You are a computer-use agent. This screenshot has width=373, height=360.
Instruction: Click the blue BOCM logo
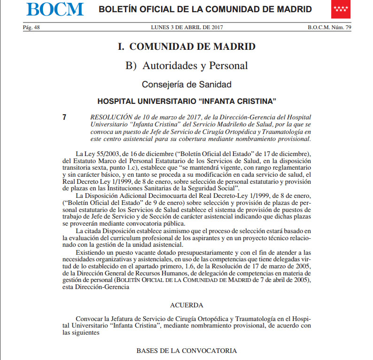tap(55, 9)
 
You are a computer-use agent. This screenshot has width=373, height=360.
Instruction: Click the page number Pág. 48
tap(31, 28)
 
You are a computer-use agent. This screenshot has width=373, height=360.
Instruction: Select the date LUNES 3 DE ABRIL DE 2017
tap(186, 28)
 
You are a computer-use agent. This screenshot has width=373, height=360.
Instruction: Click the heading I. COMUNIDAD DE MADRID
tap(186, 47)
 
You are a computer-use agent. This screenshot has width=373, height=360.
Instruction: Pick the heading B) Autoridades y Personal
tap(186, 66)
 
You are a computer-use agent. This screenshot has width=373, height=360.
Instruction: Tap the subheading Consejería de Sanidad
tap(186, 85)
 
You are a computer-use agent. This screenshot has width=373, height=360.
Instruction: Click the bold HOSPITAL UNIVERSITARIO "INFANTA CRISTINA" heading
tap(186, 102)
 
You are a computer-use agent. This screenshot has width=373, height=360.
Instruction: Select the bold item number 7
tap(64, 117)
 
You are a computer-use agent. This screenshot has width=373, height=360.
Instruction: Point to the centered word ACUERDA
tap(186, 305)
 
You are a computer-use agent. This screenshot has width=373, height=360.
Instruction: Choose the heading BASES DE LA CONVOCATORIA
tap(186, 351)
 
